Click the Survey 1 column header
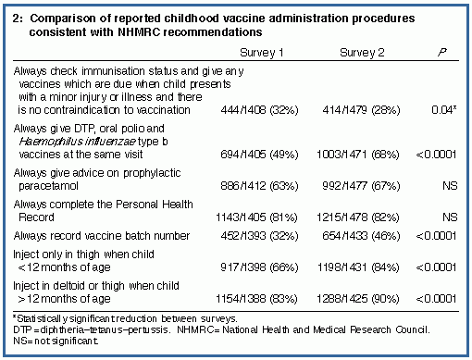click(261, 53)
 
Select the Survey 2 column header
click(362, 53)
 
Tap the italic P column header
click(442, 52)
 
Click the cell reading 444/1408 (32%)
click(259, 110)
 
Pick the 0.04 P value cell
click(444, 110)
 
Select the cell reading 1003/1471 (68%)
click(358, 155)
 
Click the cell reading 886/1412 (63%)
click(259, 186)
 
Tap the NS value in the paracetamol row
click(450, 186)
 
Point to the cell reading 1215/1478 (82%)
click(358, 217)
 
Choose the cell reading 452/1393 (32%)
click(259, 236)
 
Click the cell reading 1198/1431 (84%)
click(358, 267)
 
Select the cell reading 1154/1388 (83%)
click(256, 299)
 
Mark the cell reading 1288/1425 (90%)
click(358, 299)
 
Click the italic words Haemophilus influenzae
click(78, 142)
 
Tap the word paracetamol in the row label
click(48, 186)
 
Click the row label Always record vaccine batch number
click(102, 236)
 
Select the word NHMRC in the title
click(139, 32)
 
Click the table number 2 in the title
click(18, 19)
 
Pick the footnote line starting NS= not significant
click(56, 341)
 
